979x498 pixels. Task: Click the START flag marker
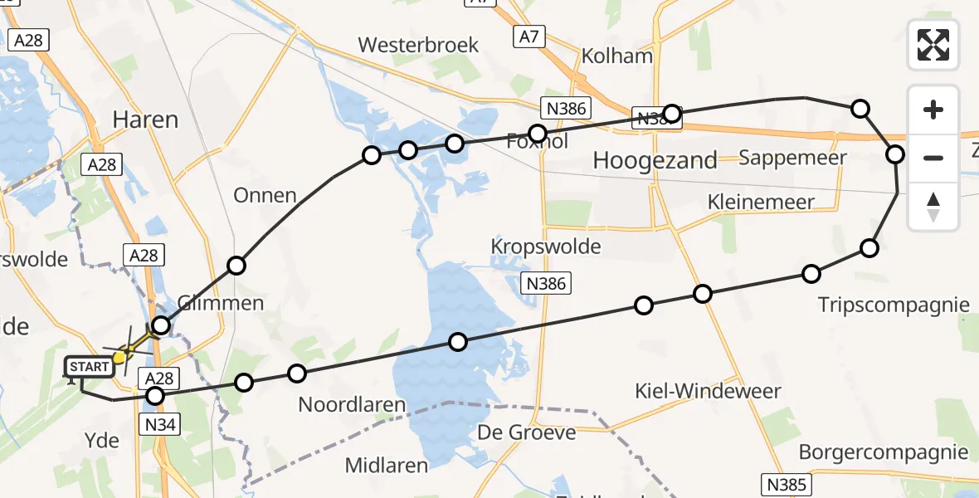(88, 367)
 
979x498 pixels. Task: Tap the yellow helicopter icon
(121, 356)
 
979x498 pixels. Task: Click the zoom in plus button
(933, 110)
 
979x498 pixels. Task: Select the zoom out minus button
(933, 158)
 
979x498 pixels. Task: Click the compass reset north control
(933, 207)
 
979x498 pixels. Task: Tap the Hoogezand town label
(655, 161)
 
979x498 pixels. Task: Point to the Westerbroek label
(418, 45)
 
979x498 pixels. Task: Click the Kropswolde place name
(545, 247)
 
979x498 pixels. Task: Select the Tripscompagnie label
(894, 305)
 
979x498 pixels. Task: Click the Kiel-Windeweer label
(707, 391)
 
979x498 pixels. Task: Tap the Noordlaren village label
(353, 405)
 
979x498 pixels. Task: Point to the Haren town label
(145, 120)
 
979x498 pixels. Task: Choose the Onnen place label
(265, 196)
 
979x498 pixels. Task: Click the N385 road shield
(786, 483)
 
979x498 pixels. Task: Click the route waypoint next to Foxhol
(538, 134)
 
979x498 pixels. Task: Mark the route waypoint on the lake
(458, 341)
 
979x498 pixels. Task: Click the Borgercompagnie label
(884, 452)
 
